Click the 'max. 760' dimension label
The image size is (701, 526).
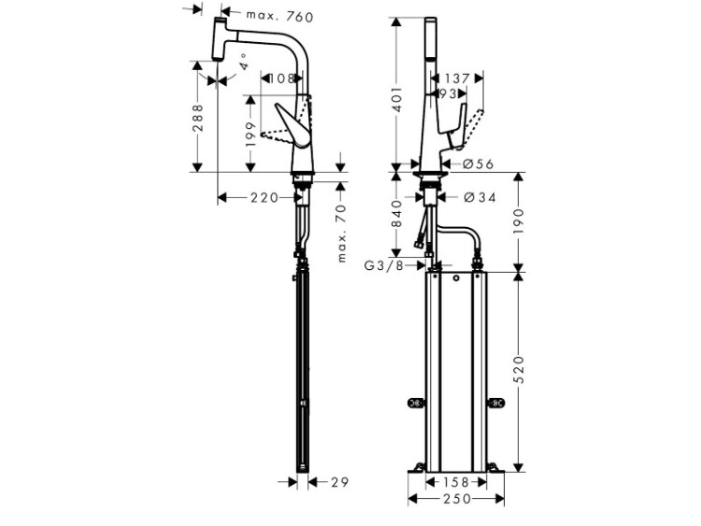(279, 16)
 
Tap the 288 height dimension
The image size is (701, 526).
(197, 118)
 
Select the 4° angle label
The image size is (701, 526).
(243, 62)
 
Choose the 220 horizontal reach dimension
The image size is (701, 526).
(265, 197)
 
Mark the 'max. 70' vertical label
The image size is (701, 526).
(341, 234)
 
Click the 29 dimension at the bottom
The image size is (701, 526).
(340, 482)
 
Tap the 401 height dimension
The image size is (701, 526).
(397, 99)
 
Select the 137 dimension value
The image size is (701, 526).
(457, 78)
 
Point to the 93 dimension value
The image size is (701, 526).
(448, 93)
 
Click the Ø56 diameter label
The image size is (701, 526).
(479, 164)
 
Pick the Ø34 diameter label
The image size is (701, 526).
(479, 197)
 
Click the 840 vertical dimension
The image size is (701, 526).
(397, 214)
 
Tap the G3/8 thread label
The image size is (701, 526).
(384, 265)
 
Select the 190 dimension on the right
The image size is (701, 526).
(519, 221)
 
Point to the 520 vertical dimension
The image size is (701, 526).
(519, 370)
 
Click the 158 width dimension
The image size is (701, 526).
(456, 482)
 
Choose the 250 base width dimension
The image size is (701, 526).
(456, 498)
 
